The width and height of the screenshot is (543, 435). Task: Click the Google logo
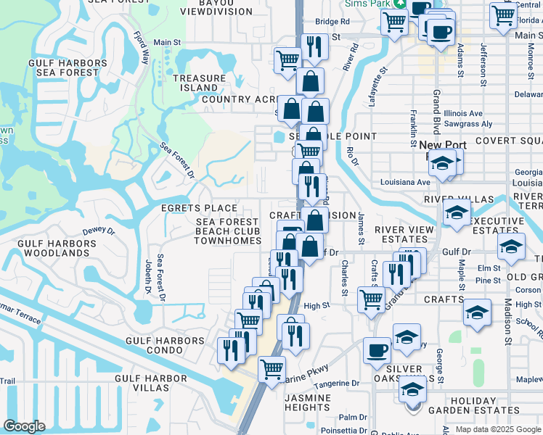coord(25,426)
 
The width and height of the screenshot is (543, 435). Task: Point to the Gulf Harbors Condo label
coord(165,345)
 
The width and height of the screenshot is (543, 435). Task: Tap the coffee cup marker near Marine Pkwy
coord(377,349)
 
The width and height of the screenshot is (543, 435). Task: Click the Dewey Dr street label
coord(99,231)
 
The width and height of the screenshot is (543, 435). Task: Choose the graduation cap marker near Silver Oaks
coord(412,391)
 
